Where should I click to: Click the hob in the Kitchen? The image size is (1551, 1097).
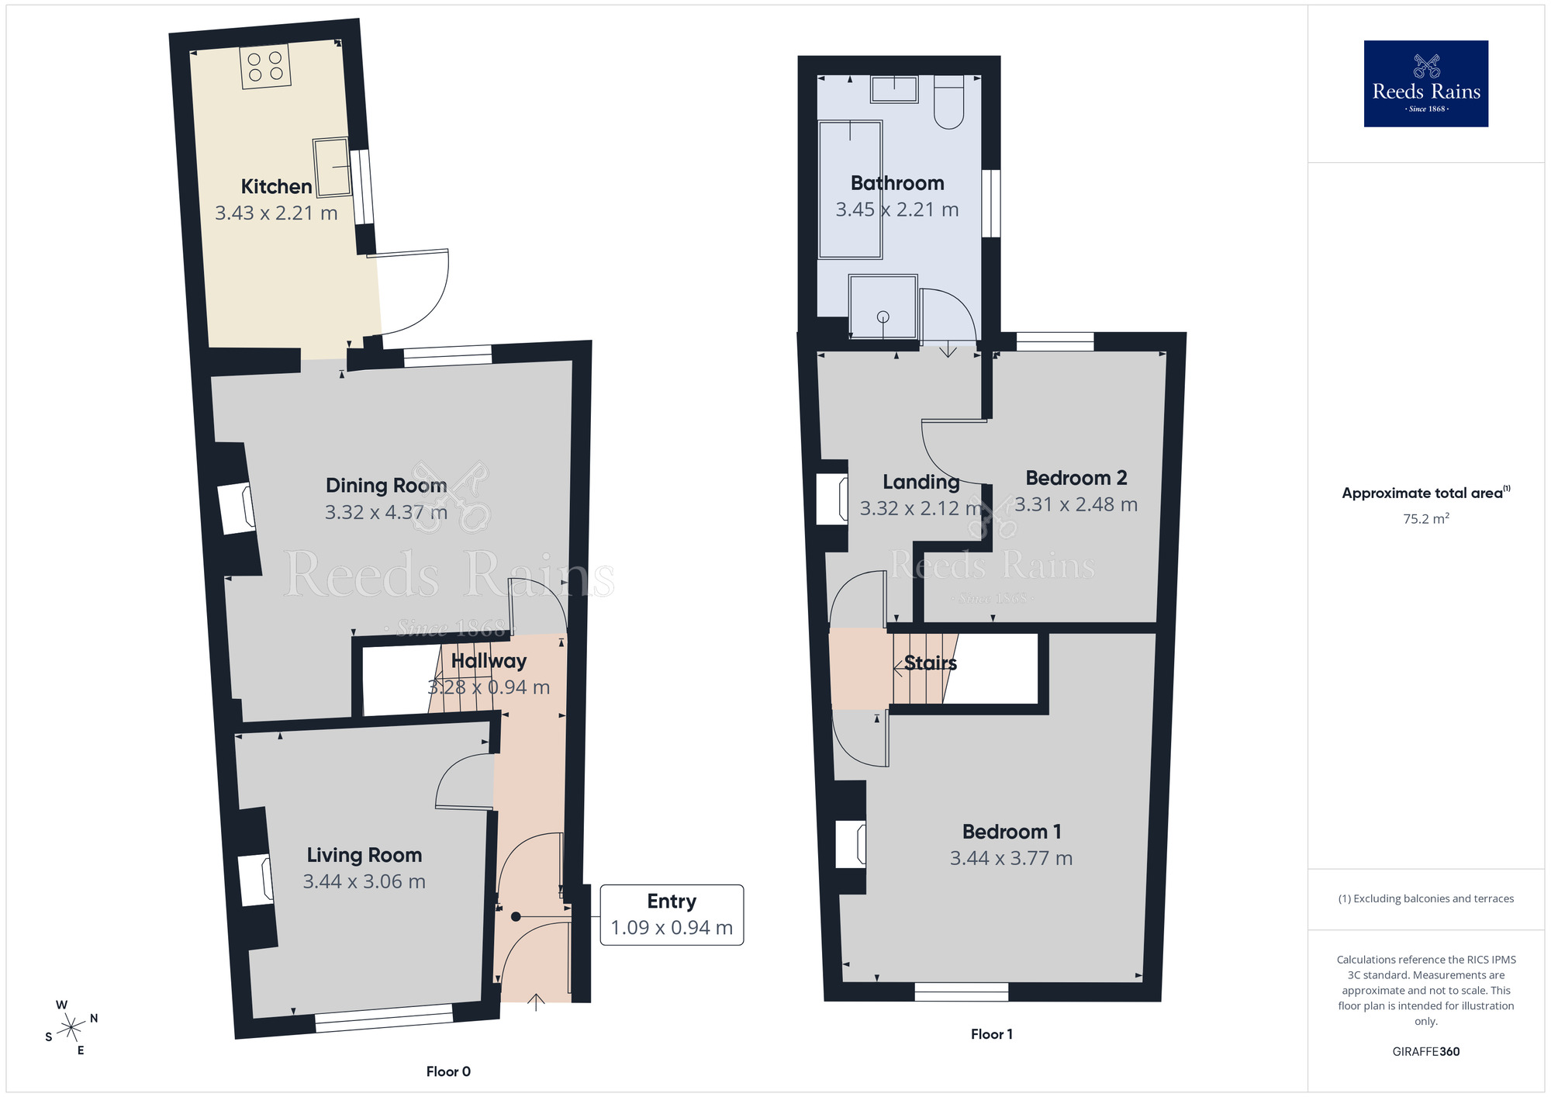(x=265, y=66)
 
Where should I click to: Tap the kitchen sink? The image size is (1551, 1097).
(x=331, y=167)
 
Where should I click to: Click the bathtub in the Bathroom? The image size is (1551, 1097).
(x=851, y=189)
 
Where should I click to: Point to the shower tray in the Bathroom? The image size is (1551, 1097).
(x=883, y=306)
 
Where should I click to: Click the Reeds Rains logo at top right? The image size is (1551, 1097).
(x=1425, y=84)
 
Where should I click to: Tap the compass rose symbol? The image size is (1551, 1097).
(x=71, y=1028)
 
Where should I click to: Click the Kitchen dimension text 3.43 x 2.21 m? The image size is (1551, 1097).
(x=276, y=213)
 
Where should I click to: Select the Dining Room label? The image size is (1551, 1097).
(x=386, y=486)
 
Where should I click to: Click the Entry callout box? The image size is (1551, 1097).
(x=672, y=915)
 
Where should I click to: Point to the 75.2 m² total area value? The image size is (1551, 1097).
(x=1425, y=518)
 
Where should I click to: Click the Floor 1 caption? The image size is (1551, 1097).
(x=991, y=1034)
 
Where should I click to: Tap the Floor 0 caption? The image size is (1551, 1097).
(x=448, y=1071)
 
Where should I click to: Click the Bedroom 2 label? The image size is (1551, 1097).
(x=1076, y=478)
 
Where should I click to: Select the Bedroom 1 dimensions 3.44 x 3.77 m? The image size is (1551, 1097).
(x=1011, y=858)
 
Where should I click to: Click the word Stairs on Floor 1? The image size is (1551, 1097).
(x=930, y=663)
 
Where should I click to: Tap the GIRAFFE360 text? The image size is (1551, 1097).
(x=1425, y=1052)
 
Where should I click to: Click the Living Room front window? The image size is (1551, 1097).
(x=384, y=1018)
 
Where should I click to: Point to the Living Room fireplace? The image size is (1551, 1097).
(x=255, y=881)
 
